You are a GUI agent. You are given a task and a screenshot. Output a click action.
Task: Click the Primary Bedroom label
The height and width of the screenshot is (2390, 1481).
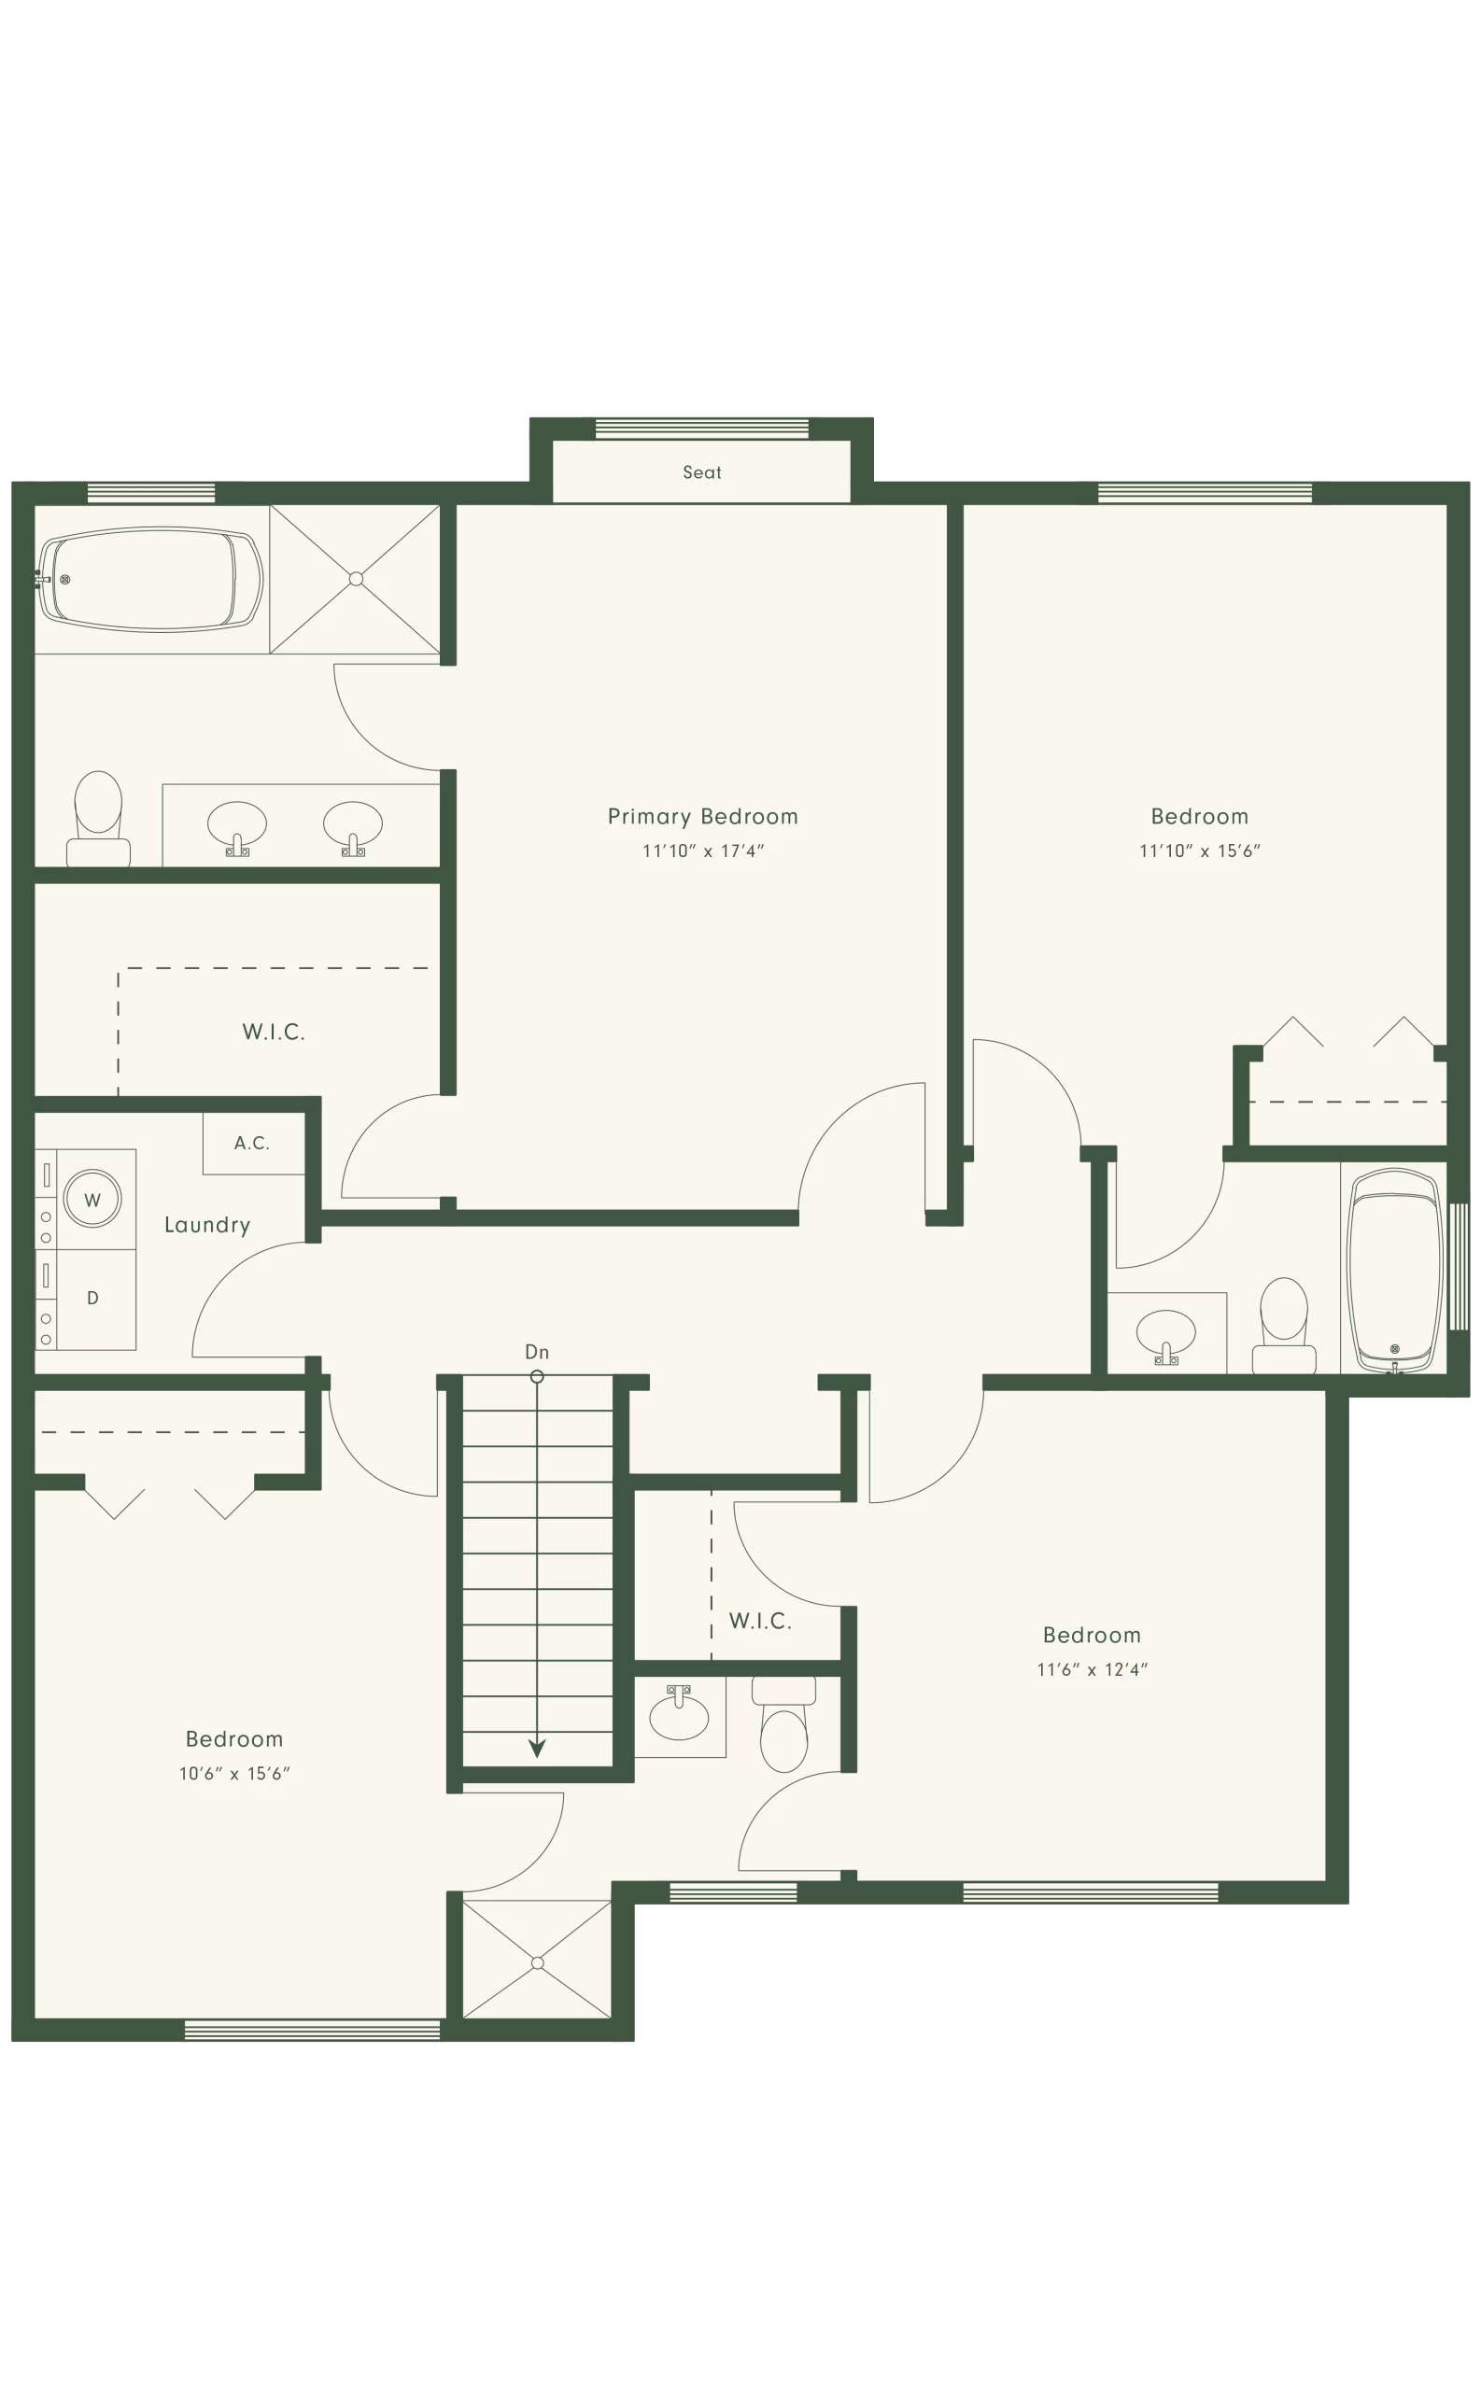click(702, 817)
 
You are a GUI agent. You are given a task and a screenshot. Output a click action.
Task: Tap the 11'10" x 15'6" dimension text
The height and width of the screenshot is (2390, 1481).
click(1199, 851)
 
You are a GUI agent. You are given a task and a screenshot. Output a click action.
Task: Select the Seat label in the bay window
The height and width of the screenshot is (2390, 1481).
click(702, 471)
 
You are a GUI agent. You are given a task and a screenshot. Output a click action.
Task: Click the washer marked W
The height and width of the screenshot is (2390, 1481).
click(92, 1200)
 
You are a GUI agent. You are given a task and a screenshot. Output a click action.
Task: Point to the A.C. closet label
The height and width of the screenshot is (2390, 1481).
click(252, 1143)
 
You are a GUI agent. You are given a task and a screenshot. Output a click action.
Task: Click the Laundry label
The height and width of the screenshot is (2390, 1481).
click(206, 1225)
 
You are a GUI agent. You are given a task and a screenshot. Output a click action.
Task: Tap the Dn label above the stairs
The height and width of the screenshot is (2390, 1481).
click(537, 1351)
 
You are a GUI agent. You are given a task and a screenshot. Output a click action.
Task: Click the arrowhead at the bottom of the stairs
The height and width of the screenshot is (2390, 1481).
click(537, 1749)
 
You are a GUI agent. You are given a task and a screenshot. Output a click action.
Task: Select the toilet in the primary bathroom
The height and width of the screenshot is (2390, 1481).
click(98, 819)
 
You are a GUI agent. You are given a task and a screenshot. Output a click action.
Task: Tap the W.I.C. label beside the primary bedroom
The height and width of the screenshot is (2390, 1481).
click(274, 1032)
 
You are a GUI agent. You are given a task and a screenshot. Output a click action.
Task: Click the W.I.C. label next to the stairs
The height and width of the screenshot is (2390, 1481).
click(760, 1621)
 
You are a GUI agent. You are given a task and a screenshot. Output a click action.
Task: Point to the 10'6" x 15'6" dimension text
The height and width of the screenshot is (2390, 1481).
click(234, 1773)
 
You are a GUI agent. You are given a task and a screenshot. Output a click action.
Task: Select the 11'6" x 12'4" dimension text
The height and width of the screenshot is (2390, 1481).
click(1093, 1669)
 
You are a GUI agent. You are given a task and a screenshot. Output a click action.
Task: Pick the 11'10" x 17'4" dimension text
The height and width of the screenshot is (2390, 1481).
click(702, 851)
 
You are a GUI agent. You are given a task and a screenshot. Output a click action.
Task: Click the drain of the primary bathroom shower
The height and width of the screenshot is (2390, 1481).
click(356, 579)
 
